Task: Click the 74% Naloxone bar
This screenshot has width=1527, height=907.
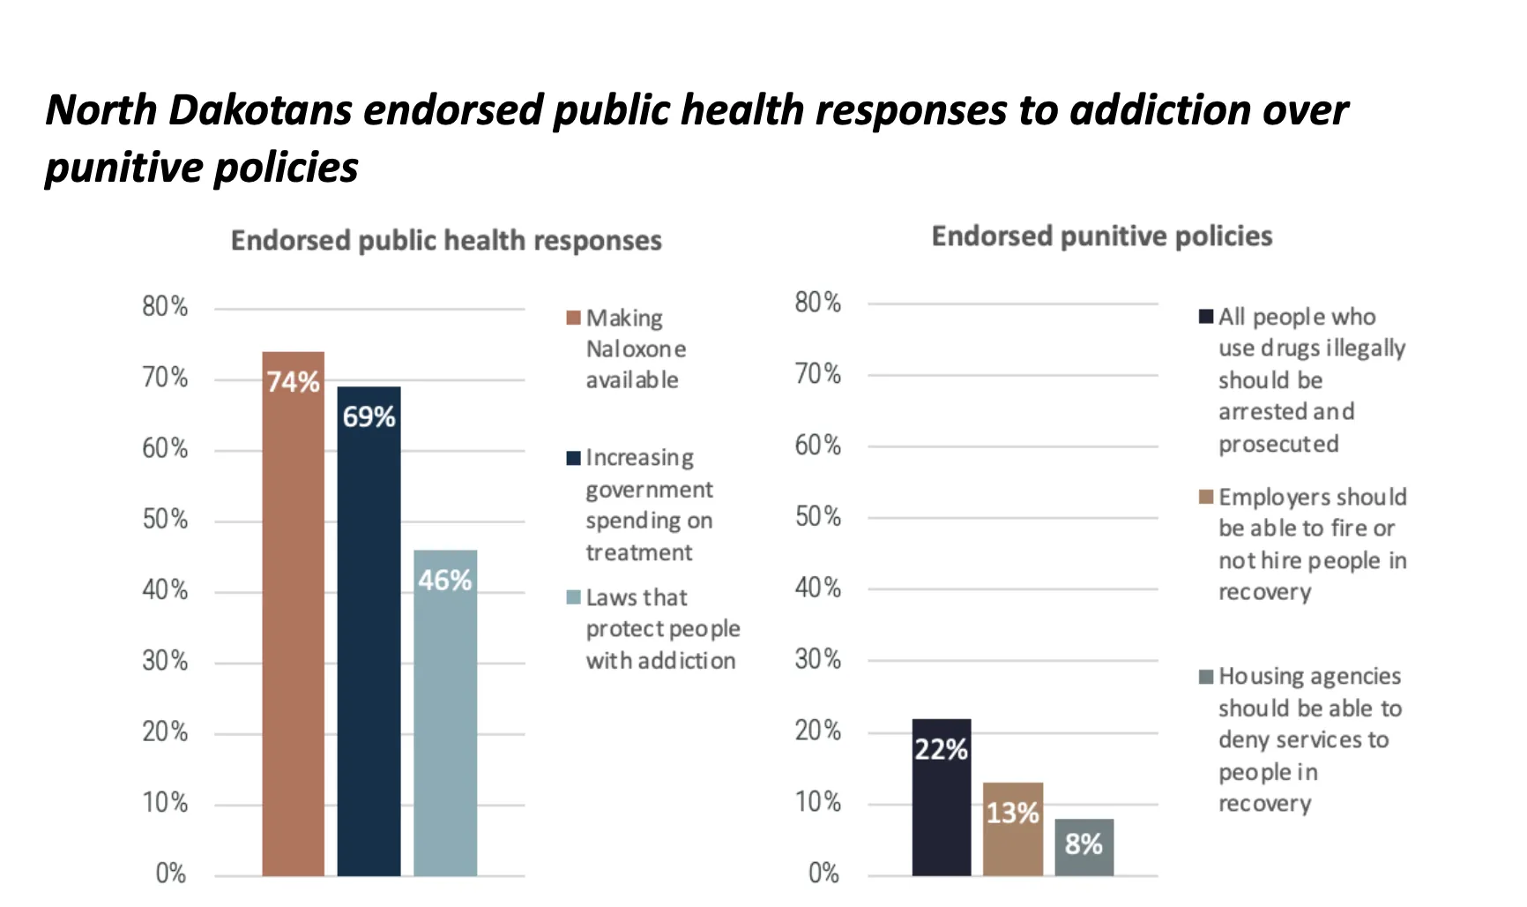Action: tap(293, 618)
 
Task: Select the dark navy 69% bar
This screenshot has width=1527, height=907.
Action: tap(369, 635)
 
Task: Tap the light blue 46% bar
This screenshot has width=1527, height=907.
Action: tap(445, 715)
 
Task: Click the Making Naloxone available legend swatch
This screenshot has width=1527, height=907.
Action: tap(573, 318)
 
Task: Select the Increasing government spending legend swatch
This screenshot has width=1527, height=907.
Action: tap(573, 458)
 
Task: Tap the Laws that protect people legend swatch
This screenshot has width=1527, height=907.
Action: tap(573, 597)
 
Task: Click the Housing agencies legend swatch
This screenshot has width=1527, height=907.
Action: tap(1206, 677)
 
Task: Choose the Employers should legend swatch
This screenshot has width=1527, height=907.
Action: tap(1206, 497)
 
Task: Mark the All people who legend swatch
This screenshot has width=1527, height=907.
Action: tap(1206, 317)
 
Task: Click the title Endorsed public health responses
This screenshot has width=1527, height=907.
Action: tap(446, 240)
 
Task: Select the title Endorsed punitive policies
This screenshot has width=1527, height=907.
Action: tap(1101, 236)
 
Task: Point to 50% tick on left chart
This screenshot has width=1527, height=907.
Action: tap(165, 519)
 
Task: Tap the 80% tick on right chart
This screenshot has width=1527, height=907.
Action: tap(817, 303)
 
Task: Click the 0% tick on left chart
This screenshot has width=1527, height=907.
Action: tap(170, 873)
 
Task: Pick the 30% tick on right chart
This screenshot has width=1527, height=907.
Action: tap(817, 659)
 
